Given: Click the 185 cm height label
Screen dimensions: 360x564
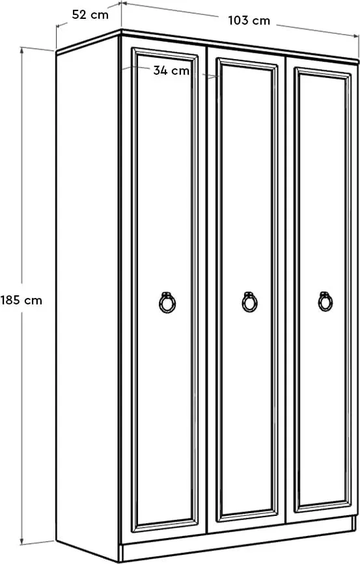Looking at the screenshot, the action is pos(21,300).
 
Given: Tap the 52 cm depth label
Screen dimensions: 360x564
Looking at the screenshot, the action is pos(90,15).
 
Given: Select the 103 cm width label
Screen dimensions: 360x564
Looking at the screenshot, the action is pos(249,21).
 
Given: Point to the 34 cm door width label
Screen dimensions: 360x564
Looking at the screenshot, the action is pos(171,70).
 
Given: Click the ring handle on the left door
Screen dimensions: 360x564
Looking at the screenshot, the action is pos(167,302).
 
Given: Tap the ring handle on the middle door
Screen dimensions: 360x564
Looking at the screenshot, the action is pos(249,301).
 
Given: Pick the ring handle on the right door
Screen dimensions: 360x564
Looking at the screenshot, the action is pos(325,301).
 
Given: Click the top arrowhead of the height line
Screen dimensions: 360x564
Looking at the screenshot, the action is pos(22,50).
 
